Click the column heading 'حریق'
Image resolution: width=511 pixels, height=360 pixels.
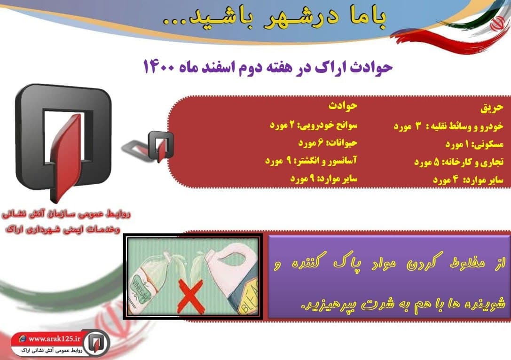[492, 108]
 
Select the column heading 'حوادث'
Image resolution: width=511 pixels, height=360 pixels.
[343, 106]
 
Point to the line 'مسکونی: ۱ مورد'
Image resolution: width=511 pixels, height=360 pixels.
[474, 144]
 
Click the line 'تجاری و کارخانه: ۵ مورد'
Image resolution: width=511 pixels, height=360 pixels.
[459, 162]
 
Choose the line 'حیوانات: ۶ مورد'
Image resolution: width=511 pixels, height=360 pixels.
[328, 143]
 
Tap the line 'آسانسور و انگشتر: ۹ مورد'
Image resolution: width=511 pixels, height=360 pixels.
[311, 161]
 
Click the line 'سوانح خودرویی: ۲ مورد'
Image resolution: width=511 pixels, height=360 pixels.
[314, 125]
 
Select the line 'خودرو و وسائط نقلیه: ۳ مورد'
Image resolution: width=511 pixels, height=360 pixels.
[449, 126]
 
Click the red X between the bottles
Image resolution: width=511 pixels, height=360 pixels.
[190, 296]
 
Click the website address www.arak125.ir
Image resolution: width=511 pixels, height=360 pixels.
[54, 339]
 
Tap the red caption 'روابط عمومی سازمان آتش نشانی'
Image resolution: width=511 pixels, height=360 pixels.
[66, 215]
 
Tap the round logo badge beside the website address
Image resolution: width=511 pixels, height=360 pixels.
[96, 343]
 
